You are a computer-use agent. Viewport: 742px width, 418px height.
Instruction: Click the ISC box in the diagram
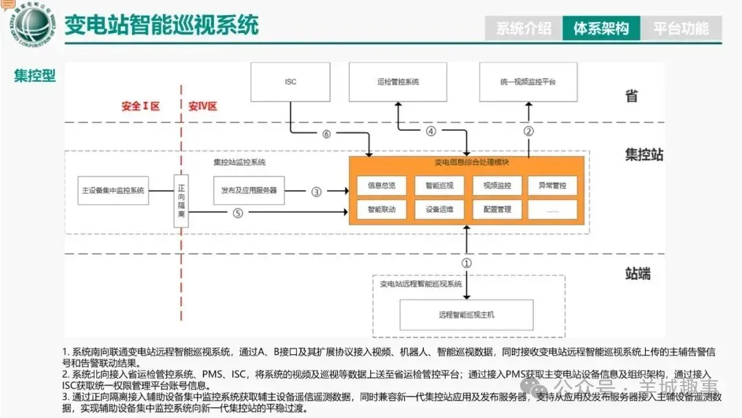tap(290, 82)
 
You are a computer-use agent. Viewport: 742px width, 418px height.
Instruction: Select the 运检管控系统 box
tap(398, 82)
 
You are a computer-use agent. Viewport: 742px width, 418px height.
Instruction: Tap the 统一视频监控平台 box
tap(528, 82)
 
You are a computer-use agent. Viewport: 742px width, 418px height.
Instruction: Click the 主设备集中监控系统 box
tap(113, 190)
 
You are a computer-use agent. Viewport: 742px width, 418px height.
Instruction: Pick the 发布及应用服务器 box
tap(249, 190)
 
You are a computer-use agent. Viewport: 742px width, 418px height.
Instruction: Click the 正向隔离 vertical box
tap(181, 200)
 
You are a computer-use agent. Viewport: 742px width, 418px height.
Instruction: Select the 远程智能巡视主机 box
tap(466, 315)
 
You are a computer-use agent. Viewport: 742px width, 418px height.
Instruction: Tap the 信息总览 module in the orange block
tap(381, 186)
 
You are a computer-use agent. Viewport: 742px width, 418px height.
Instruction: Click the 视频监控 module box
tap(497, 186)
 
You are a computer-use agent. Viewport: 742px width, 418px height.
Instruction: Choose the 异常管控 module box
tap(552, 186)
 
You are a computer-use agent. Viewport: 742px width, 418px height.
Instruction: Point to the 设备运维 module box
tap(439, 209)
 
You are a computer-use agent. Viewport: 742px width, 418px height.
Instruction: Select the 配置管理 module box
tap(497, 209)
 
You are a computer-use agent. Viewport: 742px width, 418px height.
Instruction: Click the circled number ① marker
tap(466, 263)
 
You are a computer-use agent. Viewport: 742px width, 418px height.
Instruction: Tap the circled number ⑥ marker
tap(326, 134)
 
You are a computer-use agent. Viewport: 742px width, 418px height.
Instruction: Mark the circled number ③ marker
tap(316, 192)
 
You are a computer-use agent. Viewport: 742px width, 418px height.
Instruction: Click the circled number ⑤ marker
tap(238, 213)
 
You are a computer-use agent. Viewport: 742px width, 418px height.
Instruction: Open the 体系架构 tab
tap(601, 28)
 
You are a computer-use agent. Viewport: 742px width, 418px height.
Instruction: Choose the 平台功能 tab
tap(680, 28)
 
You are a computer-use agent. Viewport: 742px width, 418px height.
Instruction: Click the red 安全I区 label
tap(140, 106)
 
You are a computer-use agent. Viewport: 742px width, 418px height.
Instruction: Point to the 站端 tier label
tap(638, 274)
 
